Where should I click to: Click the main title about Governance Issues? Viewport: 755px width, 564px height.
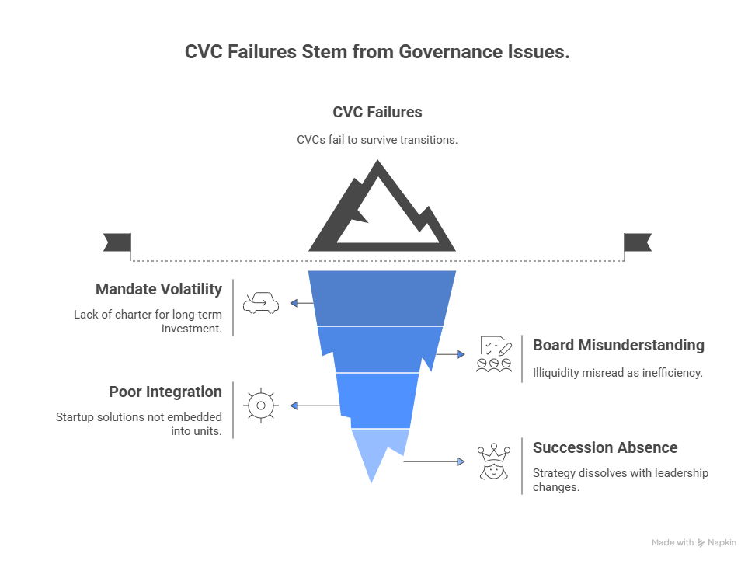tap(377, 52)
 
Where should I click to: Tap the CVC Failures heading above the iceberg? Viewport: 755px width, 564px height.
tap(377, 112)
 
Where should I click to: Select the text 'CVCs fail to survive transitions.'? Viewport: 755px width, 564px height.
tap(377, 140)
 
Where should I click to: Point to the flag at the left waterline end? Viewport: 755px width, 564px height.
tap(117, 242)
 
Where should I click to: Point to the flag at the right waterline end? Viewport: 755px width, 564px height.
tap(638, 242)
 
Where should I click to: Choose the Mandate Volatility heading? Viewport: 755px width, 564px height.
tap(158, 289)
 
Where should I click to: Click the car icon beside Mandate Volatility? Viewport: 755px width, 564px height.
tap(261, 302)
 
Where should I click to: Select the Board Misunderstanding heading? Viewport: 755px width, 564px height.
tap(618, 345)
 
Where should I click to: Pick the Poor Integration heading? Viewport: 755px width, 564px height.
tap(165, 392)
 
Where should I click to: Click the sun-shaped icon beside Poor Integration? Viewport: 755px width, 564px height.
tap(261, 406)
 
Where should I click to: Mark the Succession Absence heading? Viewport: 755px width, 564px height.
tap(604, 447)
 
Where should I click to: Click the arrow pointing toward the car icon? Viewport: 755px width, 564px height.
tap(301, 302)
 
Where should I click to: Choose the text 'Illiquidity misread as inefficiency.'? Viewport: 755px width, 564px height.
tap(618, 372)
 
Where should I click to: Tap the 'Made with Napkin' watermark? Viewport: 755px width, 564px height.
tap(694, 543)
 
